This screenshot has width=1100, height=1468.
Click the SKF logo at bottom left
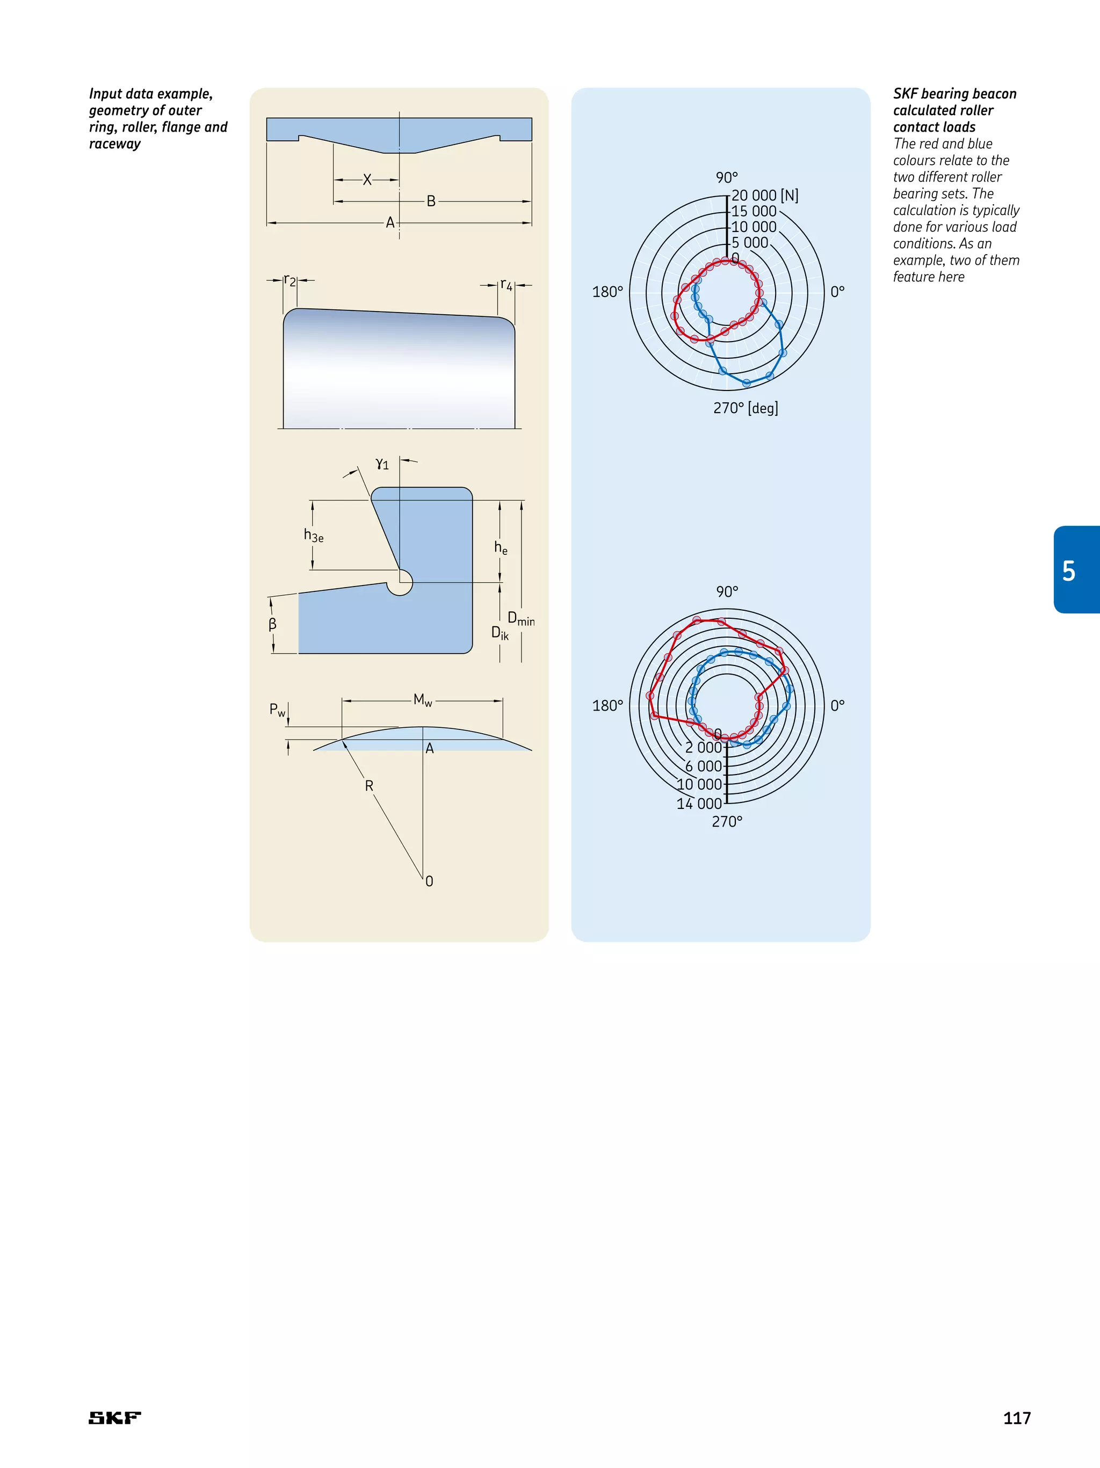[115, 1418]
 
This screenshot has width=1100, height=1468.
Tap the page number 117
[1016, 1418]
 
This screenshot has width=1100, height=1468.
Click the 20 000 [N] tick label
[764, 195]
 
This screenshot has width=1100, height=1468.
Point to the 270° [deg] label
[745, 408]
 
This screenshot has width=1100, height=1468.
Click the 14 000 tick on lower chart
[699, 804]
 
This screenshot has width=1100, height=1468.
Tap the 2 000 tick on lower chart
[703, 747]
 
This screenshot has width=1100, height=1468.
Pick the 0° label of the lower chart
[837, 705]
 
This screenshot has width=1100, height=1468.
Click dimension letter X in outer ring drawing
[367, 180]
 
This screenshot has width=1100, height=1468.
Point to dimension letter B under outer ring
[431, 201]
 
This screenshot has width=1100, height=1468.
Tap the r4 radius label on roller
[506, 285]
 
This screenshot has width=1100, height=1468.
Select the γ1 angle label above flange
[382, 464]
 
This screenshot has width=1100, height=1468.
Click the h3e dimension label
[313, 536]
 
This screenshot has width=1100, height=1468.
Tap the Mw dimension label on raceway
[423, 699]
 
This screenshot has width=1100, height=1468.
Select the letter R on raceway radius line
[369, 786]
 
